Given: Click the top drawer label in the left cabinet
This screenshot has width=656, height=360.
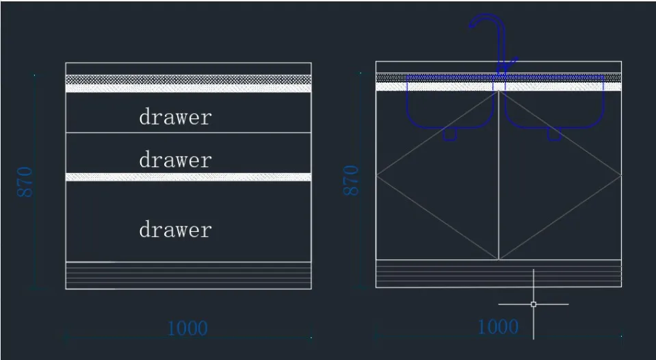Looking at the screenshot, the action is click(x=175, y=117).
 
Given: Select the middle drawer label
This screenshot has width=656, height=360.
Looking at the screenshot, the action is click(x=175, y=160).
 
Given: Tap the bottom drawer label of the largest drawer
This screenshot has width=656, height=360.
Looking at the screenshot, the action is click(x=175, y=230).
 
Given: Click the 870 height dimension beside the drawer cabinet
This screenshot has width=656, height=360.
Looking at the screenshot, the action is click(x=25, y=181).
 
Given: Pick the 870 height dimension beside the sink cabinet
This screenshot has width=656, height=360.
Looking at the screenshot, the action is click(x=351, y=181).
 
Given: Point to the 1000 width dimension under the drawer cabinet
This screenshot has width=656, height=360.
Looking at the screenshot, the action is click(x=187, y=329).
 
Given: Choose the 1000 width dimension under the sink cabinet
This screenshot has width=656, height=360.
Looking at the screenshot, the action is click(x=498, y=326).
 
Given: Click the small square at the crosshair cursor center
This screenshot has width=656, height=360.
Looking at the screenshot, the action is click(x=534, y=305).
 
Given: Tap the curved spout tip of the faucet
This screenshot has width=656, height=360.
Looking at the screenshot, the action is click(x=471, y=26).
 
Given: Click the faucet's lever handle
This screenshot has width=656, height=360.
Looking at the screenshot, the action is click(x=511, y=63).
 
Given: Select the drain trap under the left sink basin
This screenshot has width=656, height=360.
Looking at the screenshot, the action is click(x=449, y=134).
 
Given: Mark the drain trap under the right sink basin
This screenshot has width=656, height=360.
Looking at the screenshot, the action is click(x=554, y=134).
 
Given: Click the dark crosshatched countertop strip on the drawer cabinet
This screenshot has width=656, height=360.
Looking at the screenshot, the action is click(x=188, y=79).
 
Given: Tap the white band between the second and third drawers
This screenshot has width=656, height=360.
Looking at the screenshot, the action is click(x=188, y=177).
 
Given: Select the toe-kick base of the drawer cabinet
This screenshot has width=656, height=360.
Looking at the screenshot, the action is click(x=188, y=275).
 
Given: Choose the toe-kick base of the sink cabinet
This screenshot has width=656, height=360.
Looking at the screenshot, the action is click(x=499, y=274).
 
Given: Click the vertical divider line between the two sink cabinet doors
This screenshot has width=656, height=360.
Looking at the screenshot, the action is click(x=499, y=175).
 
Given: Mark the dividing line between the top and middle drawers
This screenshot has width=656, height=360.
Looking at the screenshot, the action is click(x=188, y=133).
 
